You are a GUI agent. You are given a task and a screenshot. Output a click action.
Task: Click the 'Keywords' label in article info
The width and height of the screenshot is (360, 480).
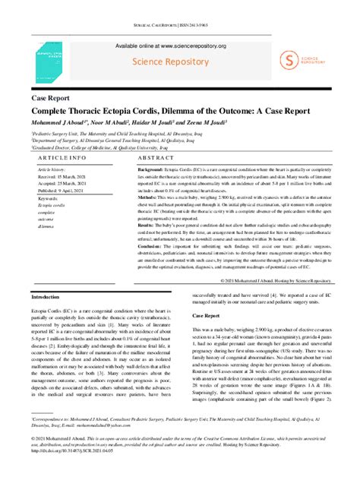[48, 197]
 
